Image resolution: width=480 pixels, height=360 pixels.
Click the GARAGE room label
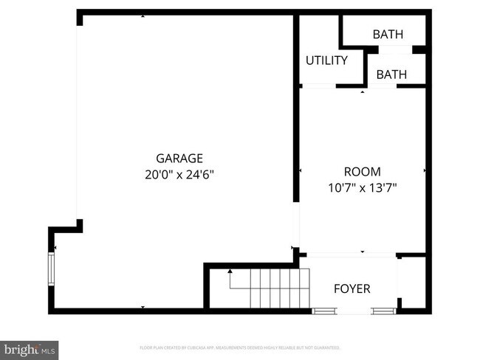[179, 158]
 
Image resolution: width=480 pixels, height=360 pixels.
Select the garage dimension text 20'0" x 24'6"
[179, 175]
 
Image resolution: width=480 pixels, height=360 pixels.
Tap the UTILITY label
[326, 60]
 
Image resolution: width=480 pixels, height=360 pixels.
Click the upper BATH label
[389, 34]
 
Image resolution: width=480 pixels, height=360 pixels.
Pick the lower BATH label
[391, 75]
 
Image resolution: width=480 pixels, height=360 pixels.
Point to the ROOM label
[362, 171]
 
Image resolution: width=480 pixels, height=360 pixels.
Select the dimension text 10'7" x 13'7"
[362, 188]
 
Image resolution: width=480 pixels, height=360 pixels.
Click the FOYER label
[352, 288]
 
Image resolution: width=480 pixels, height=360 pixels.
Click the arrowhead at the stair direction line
[230, 272]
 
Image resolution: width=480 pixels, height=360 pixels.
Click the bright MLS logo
[30, 348]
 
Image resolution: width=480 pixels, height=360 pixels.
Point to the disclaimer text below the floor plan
[240, 347]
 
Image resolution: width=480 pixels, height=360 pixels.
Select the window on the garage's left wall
[52, 269]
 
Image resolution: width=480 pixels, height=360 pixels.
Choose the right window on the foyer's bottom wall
[383, 311]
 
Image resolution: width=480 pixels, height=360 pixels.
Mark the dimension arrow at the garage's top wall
[143, 15]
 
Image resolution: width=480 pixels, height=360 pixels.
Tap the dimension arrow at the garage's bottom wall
[143, 306]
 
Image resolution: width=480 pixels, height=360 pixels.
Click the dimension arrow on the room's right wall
[425, 171]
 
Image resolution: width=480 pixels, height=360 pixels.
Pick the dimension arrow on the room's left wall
[301, 171]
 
